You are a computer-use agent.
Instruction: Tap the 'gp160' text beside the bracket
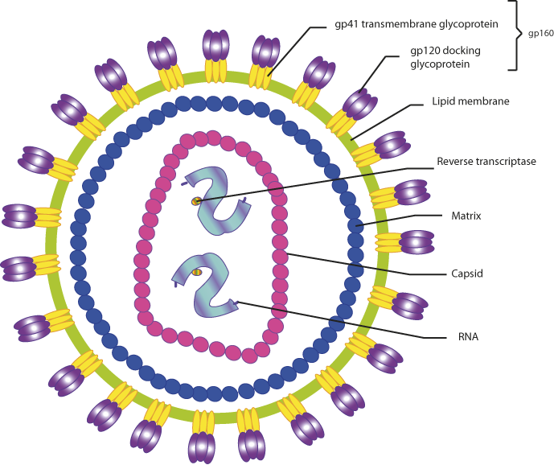[540, 34]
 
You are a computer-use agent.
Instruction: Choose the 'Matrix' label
[466, 216]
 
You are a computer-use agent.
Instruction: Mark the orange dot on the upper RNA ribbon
[195, 200]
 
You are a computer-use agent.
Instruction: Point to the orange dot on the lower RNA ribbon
[197, 272]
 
